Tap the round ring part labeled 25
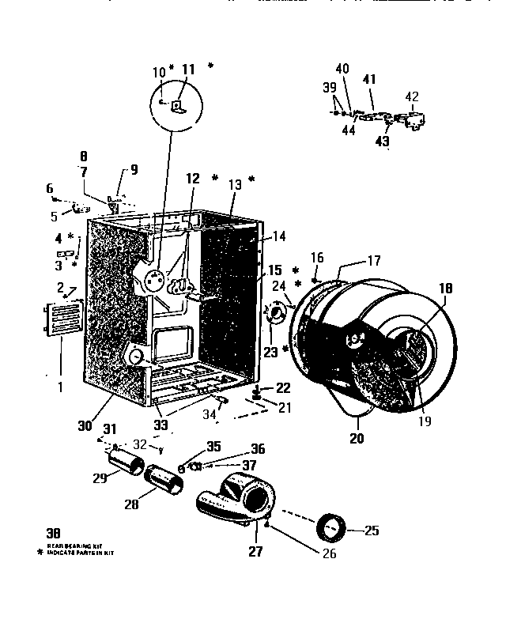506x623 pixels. click(x=331, y=524)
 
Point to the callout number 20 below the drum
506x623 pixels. click(x=357, y=437)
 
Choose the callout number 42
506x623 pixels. click(x=412, y=97)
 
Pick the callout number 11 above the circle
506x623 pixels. click(x=187, y=70)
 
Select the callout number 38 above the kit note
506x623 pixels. click(x=54, y=533)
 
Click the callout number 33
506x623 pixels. click(x=160, y=425)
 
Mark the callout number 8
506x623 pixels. click(x=84, y=157)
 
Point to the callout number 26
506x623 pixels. click(x=329, y=553)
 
